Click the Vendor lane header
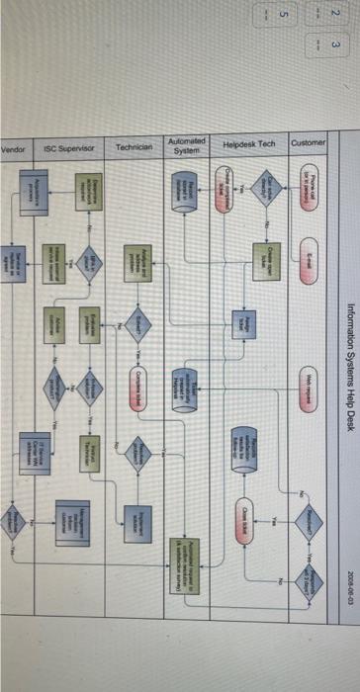[13, 149]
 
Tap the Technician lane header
[132, 149]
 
